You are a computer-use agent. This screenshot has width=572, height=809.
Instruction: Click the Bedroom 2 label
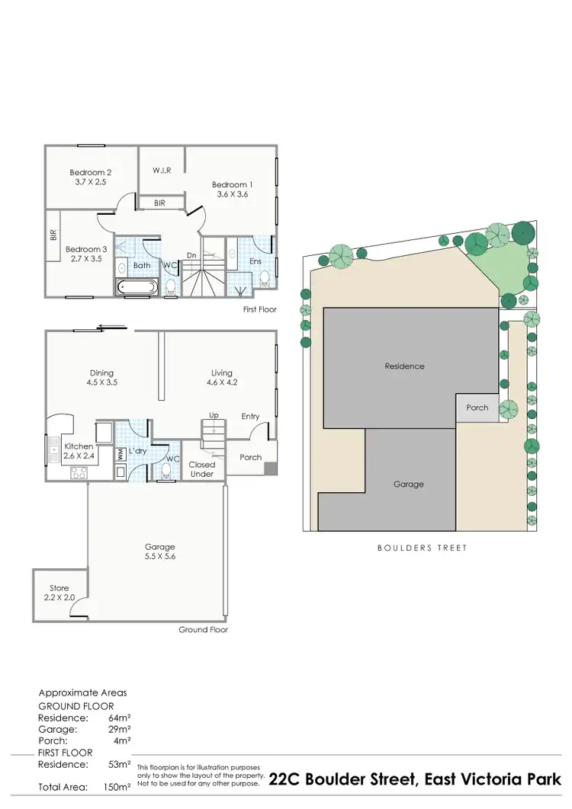click(x=91, y=172)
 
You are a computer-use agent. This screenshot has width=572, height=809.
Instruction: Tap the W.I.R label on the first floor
click(x=161, y=169)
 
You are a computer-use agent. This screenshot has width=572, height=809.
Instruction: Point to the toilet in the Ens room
click(x=265, y=279)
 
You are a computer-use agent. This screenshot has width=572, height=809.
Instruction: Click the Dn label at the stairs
click(x=191, y=255)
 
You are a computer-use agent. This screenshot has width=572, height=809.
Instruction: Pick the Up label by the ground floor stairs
click(x=214, y=415)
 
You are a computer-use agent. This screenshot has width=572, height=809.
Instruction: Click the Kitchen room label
click(x=79, y=446)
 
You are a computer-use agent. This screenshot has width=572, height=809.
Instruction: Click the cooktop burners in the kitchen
click(x=79, y=472)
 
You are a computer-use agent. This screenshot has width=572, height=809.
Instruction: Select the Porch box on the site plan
click(x=477, y=408)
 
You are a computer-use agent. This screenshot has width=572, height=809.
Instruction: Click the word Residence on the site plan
click(x=404, y=366)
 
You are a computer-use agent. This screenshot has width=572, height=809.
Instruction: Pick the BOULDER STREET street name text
click(x=422, y=548)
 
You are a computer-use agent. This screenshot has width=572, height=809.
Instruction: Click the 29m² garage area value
click(x=121, y=729)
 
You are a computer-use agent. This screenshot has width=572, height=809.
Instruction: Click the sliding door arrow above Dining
click(x=111, y=328)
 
